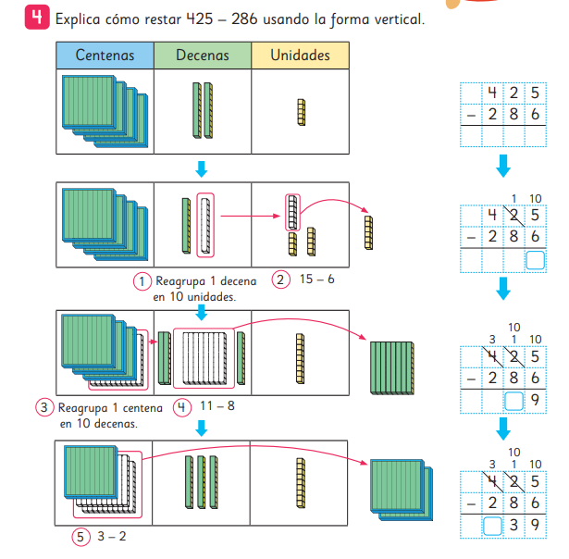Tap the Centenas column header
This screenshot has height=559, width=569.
click(x=105, y=56)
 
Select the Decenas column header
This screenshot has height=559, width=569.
click(x=202, y=56)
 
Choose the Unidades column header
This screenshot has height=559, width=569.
click(x=300, y=56)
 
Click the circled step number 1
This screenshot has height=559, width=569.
click(x=142, y=280)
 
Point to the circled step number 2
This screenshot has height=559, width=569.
click(x=280, y=280)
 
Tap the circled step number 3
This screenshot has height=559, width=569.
click(x=43, y=406)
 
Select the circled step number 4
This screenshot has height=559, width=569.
click(x=181, y=406)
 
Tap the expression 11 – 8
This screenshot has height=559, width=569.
click(x=216, y=406)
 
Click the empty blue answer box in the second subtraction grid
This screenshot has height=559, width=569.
click(x=536, y=260)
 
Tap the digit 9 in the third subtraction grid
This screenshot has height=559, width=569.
click(x=536, y=400)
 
